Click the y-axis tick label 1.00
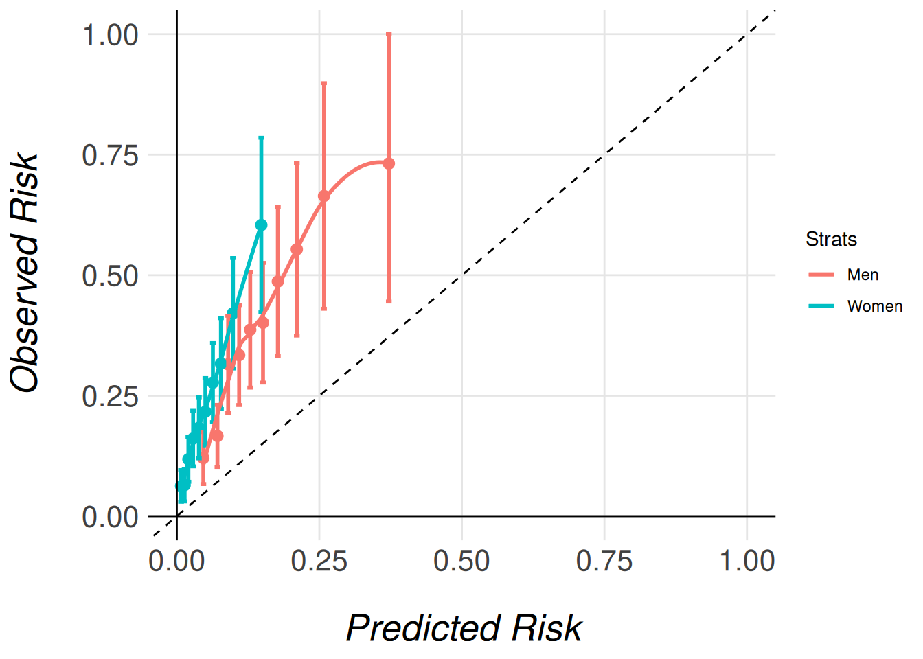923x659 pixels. click(110, 34)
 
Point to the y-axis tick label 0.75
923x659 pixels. click(110, 155)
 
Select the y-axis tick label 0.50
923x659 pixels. click(110, 276)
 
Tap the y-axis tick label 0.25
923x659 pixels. click(110, 396)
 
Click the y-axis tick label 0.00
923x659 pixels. click(110, 517)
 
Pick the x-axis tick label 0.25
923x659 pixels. click(319, 562)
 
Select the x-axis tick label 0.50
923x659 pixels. click(461, 562)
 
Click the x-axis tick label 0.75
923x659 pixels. click(604, 562)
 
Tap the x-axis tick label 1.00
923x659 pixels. click(747, 562)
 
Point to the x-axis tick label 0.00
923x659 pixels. click(176, 562)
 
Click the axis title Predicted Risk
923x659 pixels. click(464, 628)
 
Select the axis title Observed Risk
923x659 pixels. click(25, 273)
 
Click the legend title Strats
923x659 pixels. click(831, 240)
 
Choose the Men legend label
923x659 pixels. click(863, 275)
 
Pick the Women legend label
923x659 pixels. click(874, 306)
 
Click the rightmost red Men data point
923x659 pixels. click(389, 163)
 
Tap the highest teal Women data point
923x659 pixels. click(261, 224)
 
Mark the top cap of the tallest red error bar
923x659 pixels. click(389, 34)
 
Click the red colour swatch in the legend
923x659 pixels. click(821, 275)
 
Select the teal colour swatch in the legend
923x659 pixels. click(821, 306)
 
